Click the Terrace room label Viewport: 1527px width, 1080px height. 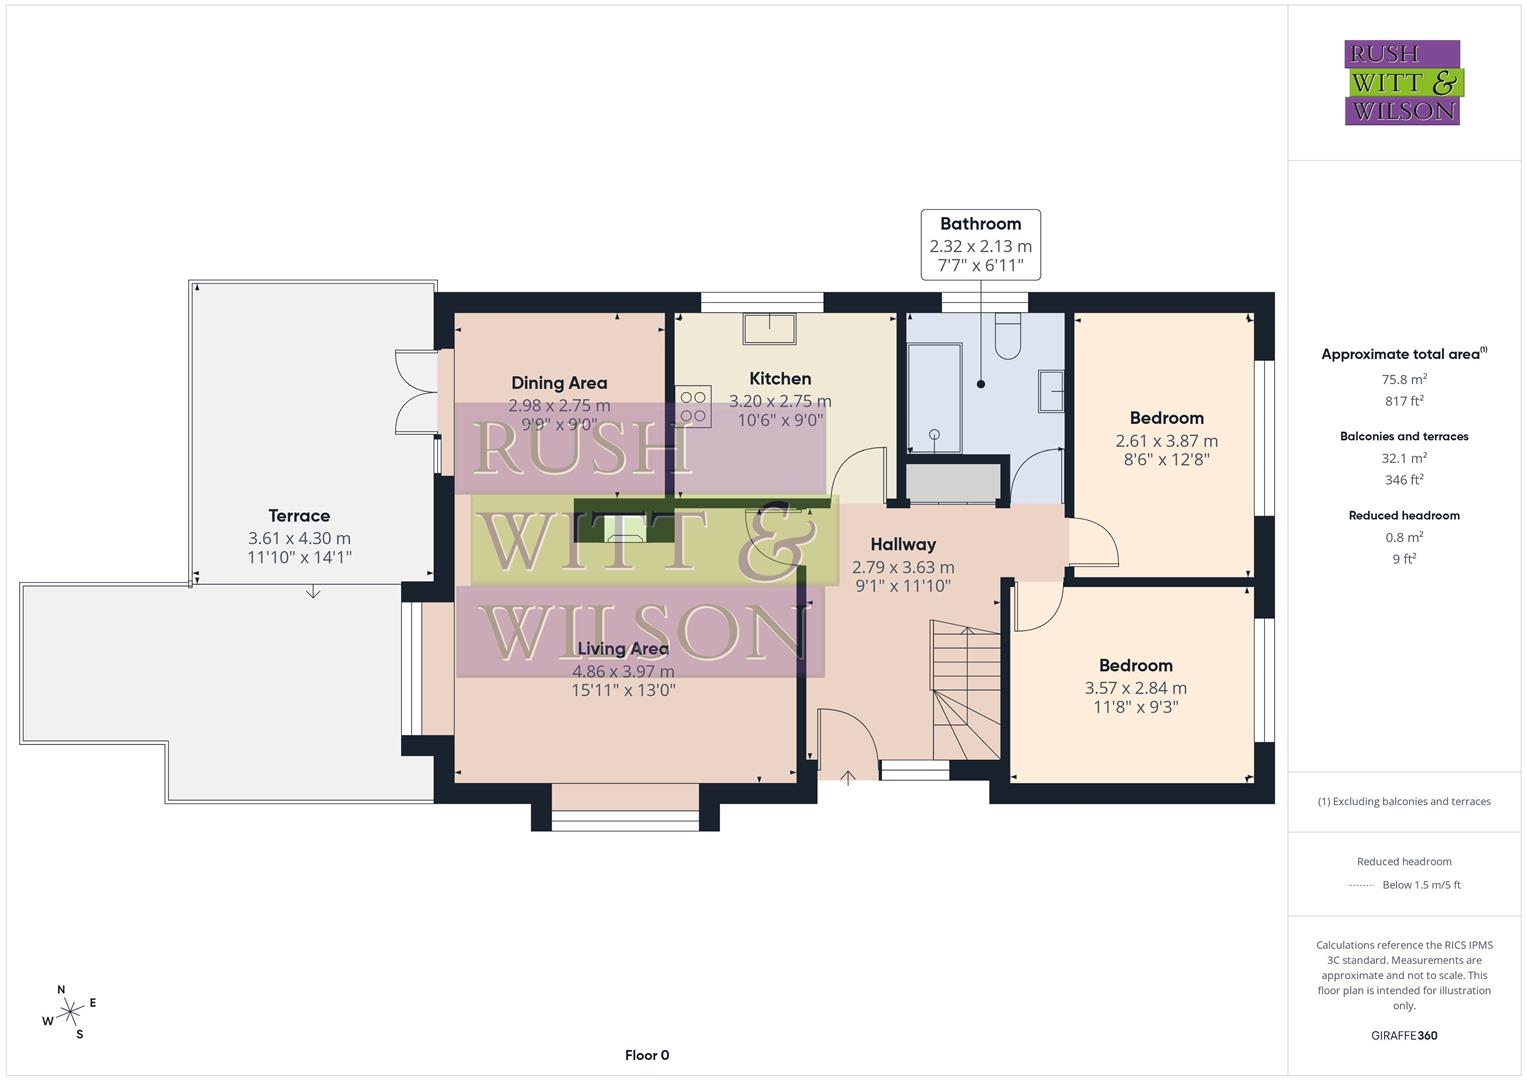pos(299,516)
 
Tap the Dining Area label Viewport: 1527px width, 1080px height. pos(559,383)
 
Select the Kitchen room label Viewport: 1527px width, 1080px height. pos(780,379)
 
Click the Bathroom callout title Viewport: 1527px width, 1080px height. pos(980,224)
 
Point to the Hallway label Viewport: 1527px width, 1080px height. pos(903,545)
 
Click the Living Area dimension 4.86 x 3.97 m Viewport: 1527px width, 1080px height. pos(623,671)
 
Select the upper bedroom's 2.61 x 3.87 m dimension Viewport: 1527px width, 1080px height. pos(1166,441)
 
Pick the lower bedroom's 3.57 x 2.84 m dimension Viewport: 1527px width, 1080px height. pos(1135,688)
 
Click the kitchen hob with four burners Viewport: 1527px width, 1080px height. pos(693,406)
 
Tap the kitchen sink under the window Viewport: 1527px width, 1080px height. pos(769,329)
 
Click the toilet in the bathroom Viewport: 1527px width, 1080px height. pos(1007,338)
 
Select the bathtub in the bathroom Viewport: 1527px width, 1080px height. pos(934,398)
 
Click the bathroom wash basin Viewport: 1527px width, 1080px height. pos(1050,391)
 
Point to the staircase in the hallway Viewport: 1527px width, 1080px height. pos(965,690)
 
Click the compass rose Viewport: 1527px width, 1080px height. pos(70,1012)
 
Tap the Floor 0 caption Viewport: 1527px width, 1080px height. pos(647,1055)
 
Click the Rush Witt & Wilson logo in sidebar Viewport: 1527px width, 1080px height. pos(1403,82)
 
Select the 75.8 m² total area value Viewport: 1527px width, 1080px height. pos(1404,379)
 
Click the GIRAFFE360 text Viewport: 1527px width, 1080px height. pos(1404,1035)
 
